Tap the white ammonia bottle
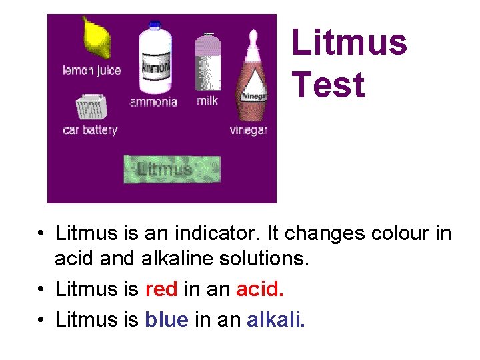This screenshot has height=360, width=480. coord(155,59)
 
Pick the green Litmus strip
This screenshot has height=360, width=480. coord(171,169)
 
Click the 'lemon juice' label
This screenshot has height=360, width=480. coord(92,70)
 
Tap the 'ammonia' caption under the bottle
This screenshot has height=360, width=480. coord(153,102)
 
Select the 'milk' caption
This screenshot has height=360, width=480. coord(207,101)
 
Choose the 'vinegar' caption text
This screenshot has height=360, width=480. coord(248,130)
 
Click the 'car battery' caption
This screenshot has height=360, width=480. coord(89,130)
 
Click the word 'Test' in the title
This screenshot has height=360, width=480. coord(328,85)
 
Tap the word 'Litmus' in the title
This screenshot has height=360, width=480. coord(349,43)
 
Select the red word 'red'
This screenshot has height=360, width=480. coord(161,289)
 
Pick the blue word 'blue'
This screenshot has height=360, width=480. coord(166,320)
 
